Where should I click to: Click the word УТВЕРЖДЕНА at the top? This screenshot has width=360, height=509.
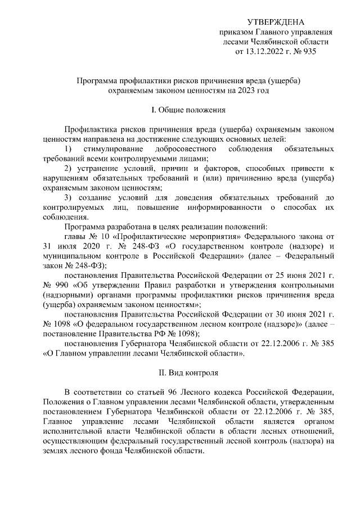pyautogui.click(x=276, y=22)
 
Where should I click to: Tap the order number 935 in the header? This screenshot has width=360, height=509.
pyautogui.click(x=308, y=52)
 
